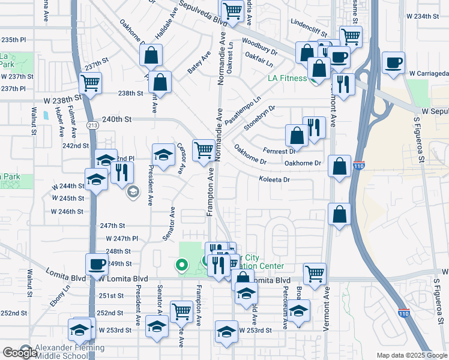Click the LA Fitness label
287,79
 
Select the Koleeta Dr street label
274,179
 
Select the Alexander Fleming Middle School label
70,352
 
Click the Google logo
20,353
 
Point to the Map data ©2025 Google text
412,355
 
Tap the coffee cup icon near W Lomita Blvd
96,264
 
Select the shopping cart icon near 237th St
90,83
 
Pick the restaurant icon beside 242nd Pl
122,172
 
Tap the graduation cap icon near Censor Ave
163,155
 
